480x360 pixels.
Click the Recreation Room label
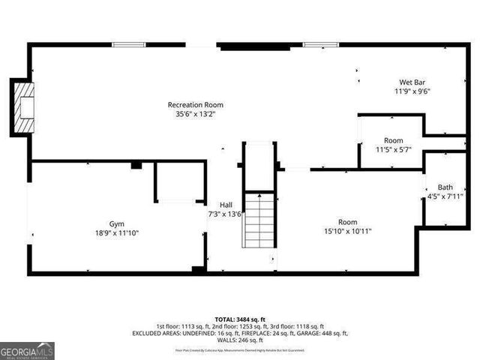click(x=195, y=104)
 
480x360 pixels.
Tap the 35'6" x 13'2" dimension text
click(x=195, y=115)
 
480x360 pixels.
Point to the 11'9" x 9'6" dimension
click(x=412, y=91)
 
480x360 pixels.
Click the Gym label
click(x=116, y=223)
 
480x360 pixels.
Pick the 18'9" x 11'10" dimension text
click(x=116, y=233)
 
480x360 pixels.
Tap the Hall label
click(x=226, y=204)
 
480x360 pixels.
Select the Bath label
click(x=445, y=187)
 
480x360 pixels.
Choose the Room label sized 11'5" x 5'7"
click(x=393, y=140)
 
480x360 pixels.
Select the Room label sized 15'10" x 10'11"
click(x=347, y=222)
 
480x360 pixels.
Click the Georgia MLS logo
click(x=27, y=350)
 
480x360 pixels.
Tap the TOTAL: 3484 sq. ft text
click(x=240, y=319)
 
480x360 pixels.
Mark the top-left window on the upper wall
click(x=128, y=45)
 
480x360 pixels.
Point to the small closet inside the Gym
click(x=180, y=181)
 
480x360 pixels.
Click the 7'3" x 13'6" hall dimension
click(x=225, y=214)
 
